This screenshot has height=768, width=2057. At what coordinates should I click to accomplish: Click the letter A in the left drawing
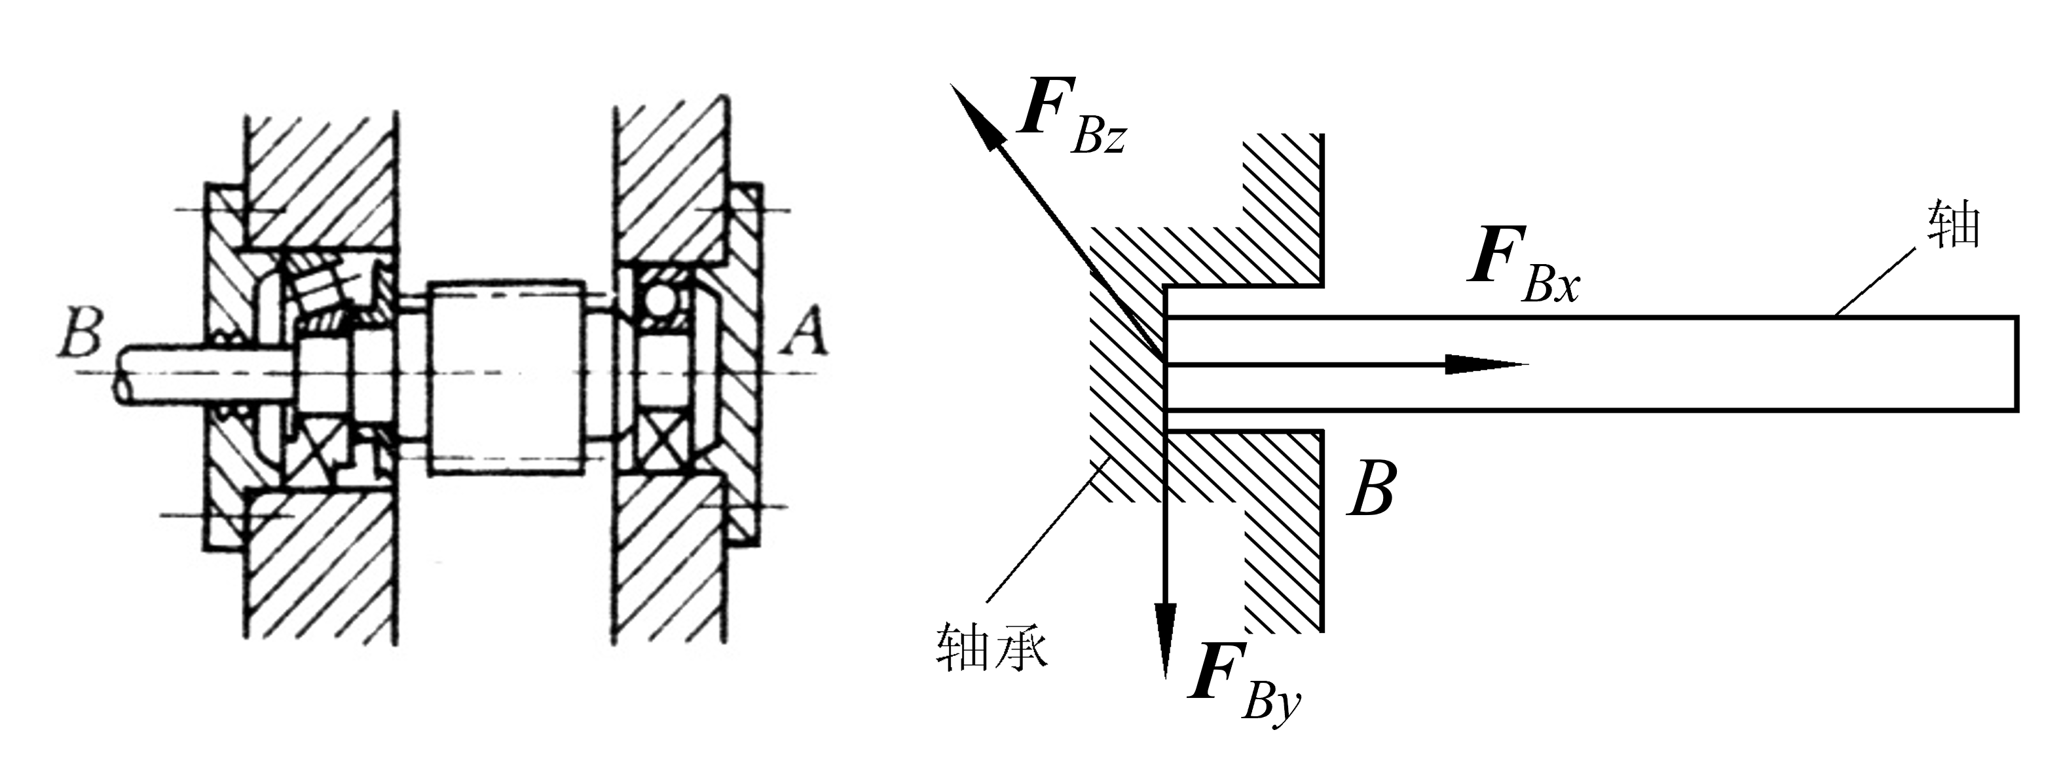point(804,332)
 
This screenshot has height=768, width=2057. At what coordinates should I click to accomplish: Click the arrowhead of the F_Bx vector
point(1487,364)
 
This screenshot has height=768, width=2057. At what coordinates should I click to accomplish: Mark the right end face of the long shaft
point(2018,364)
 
